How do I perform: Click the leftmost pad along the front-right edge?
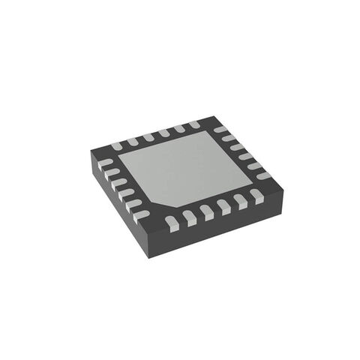tap(171, 220)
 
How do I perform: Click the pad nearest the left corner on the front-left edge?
tap(106, 163)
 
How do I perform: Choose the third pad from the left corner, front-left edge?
tap(119, 182)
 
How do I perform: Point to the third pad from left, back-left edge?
tap(148, 136)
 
